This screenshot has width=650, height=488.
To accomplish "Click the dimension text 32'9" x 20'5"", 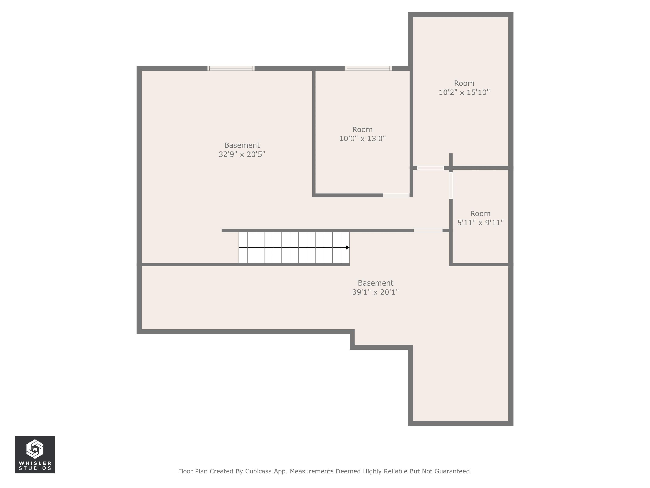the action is click(x=242, y=154).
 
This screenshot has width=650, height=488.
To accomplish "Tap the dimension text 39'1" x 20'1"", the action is click(x=376, y=292).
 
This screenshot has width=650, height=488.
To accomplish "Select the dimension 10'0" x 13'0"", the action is click(x=363, y=139).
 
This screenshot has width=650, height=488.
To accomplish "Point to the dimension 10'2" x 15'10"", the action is click(x=464, y=92).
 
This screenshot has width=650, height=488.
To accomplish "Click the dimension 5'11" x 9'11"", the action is click(x=481, y=223).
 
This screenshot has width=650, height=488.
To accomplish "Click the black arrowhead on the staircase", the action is click(x=348, y=247).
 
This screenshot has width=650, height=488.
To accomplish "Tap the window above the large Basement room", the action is click(x=231, y=68).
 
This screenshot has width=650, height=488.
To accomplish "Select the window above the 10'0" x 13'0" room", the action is click(x=368, y=68).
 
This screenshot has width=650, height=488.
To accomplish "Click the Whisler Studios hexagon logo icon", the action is click(x=35, y=449).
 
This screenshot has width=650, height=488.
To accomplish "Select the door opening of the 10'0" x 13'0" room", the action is click(x=396, y=195).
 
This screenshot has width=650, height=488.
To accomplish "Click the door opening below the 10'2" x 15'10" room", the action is click(x=431, y=168).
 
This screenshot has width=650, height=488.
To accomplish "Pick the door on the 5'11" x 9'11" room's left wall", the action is click(x=451, y=186).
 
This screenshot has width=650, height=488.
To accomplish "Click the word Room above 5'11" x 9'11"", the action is click(x=481, y=213).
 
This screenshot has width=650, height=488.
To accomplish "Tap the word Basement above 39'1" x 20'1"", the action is click(x=376, y=283).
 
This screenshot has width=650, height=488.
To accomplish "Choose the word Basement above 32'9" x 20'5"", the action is click(x=242, y=145).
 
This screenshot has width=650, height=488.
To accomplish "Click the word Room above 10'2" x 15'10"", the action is click(x=464, y=83).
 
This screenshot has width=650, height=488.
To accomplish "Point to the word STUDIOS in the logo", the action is click(x=35, y=468).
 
